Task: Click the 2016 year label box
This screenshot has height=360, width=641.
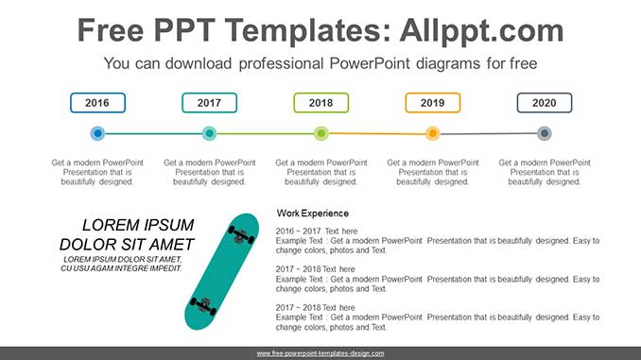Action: click(97, 103)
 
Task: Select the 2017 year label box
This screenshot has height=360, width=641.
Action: click(209, 103)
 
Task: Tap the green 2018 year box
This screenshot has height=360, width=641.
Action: click(320, 103)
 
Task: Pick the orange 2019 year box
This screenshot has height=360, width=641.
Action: click(432, 103)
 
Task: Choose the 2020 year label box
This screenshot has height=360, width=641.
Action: click(544, 103)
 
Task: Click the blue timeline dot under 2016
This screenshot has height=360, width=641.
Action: click(97, 133)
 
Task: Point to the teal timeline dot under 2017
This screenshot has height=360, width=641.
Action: click(209, 133)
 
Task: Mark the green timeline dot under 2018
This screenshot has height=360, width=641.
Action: click(320, 133)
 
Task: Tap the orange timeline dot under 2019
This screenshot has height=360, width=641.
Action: click(432, 133)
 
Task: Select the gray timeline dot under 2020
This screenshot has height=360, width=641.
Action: click(544, 133)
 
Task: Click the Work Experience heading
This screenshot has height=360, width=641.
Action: click(312, 214)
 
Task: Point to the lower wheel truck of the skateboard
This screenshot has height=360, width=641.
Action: click(203, 306)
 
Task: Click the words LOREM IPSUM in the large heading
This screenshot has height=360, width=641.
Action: click(138, 226)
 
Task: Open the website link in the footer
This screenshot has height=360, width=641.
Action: click(320, 353)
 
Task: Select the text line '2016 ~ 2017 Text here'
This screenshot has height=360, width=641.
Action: click(317, 231)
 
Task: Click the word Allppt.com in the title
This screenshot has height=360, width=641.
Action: click(470, 30)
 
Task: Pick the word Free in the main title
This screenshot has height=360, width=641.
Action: click(113, 30)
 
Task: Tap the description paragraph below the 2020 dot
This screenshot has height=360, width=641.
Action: click(544, 172)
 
